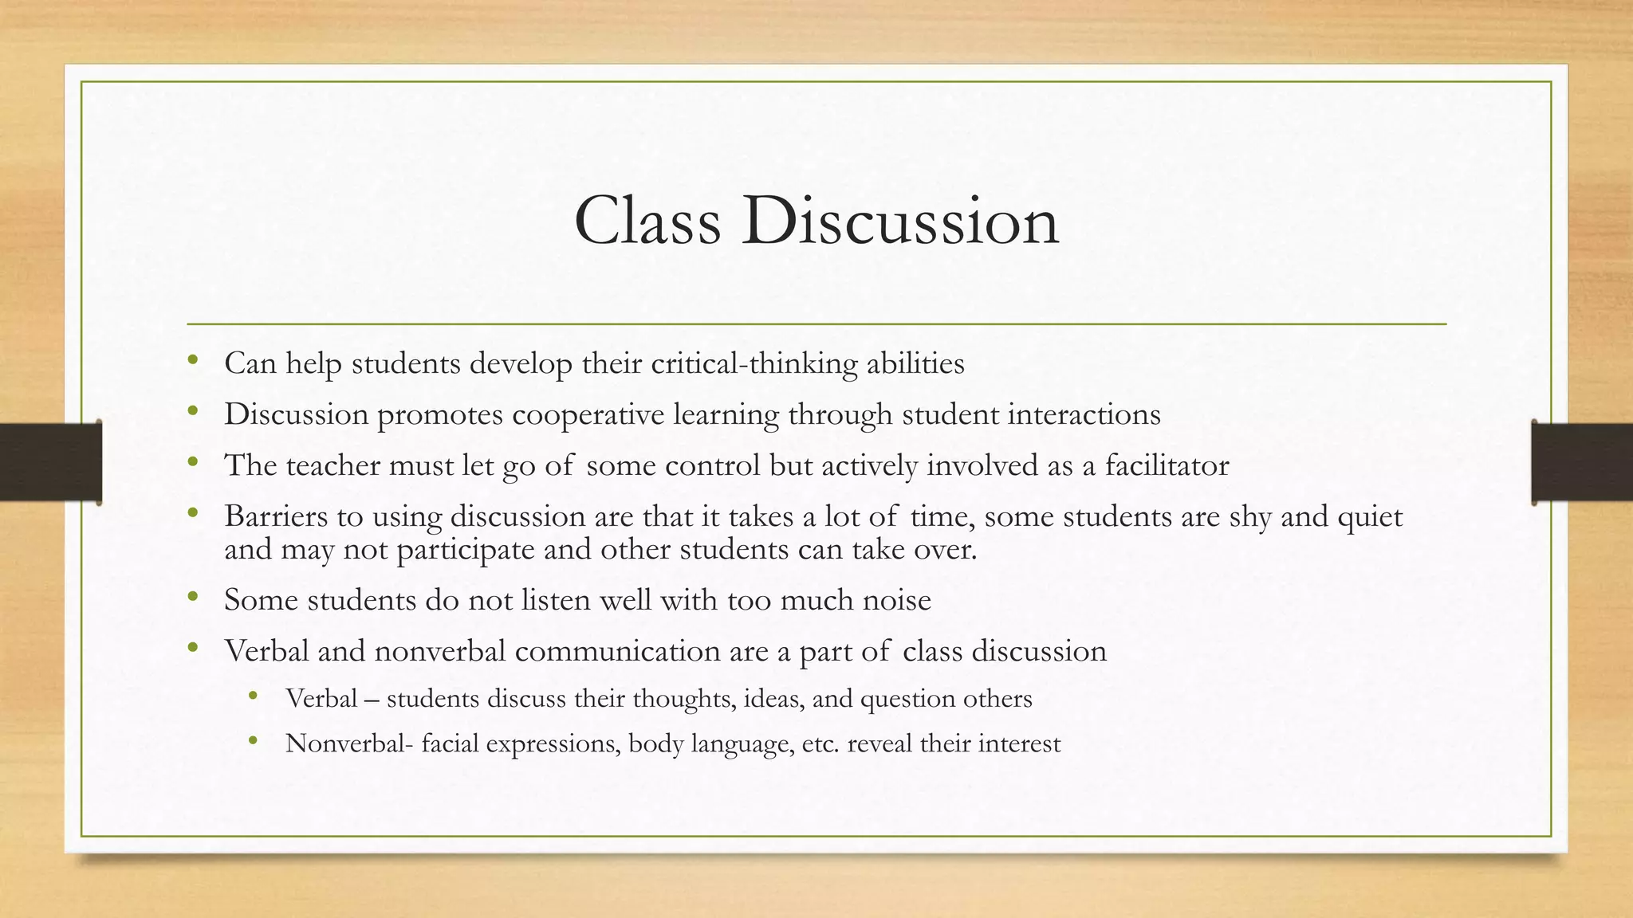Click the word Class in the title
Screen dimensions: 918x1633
click(647, 221)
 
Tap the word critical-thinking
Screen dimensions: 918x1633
click(754, 364)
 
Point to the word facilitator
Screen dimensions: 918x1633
click(1167, 465)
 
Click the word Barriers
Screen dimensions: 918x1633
click(275, 516)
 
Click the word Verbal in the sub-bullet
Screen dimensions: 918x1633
click(321, 699)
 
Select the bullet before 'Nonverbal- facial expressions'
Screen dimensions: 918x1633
click(254, 740)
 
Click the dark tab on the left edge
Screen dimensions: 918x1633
click(50, 462)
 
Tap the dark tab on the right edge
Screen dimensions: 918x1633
click(1582, 462)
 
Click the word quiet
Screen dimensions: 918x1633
click(1370, 517)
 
